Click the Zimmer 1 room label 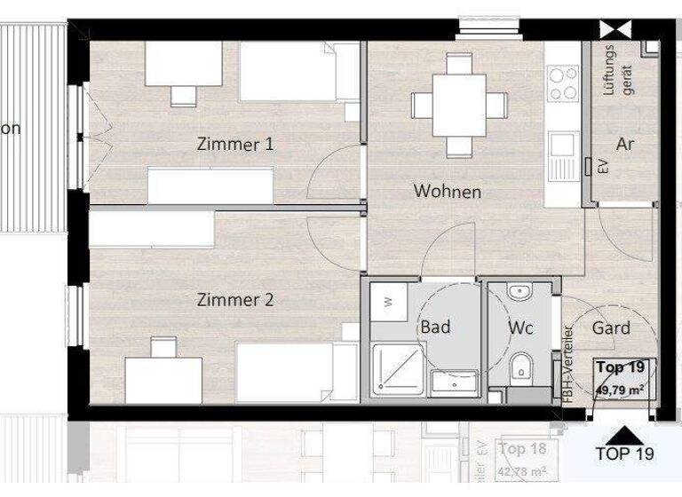click(235, 144)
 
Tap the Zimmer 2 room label click(235, 300)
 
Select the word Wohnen click(448, 191)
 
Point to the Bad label click(435, 327)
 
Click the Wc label click(520, 327)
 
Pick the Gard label click(611, 327)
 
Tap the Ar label click(625, 144)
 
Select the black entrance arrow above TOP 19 click(627, 434)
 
